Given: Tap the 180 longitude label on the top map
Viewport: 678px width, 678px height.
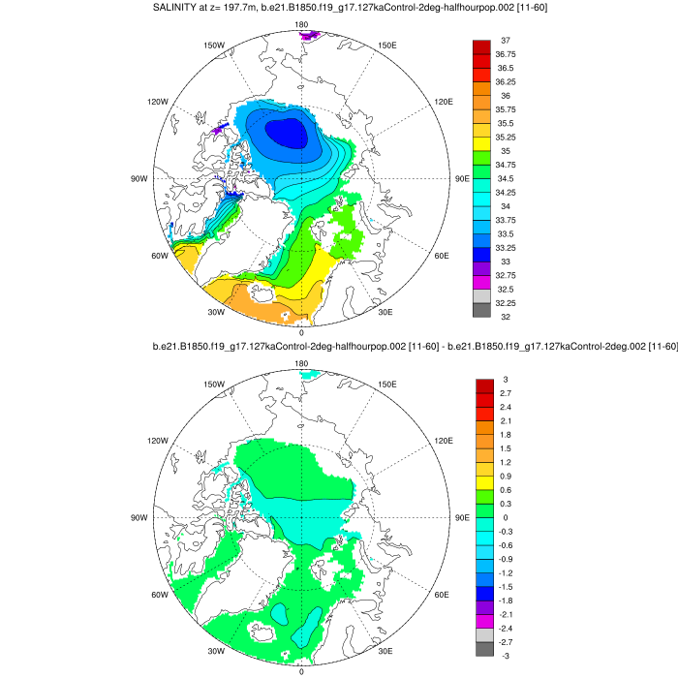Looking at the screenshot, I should click(x=301, y=23).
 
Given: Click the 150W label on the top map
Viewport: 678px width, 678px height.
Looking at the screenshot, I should click(x=215, y=46).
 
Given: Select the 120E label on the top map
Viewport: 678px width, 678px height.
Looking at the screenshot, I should click(x=445, y=102).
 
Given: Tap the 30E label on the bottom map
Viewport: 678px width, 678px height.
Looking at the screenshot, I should click(x=385, y=650).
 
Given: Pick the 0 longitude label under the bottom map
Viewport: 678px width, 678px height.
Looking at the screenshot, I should click(x=301, y=671).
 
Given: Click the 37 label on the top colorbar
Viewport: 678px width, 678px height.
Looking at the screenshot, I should click(x=506, y=41).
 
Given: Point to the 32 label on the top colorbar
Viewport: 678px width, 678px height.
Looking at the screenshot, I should click(x=506, y=317).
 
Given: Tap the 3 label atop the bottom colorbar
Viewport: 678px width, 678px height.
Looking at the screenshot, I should click(x=505, y=379).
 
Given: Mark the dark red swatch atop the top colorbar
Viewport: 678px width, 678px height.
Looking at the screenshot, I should click(x=482, y=47).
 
